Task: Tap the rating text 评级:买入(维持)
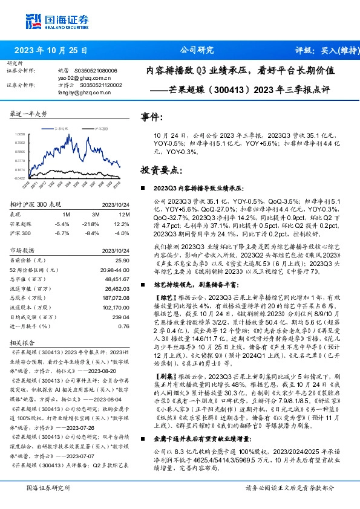point(319,50)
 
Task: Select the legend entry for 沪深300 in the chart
point(100,129)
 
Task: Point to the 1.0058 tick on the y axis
point(19,134)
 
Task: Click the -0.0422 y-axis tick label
point(19,178)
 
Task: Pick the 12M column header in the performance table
point(124,213)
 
